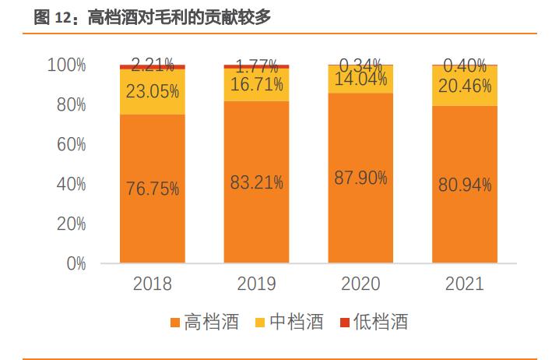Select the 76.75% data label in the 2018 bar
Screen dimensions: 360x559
[x=152, y=189]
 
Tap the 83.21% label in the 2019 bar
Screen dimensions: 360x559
[x=256, y=183]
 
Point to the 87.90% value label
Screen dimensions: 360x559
[x=360, y=178]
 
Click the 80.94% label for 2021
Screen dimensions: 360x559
[x=465, y=185]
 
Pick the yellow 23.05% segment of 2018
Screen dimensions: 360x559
[x=152, y=92]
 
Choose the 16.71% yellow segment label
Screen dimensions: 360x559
[x=256, y=85]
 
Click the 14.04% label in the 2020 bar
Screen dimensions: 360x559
[x=360, y=79]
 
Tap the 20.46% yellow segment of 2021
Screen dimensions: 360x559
[x=465, y=86]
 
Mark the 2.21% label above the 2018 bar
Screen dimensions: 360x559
[x=152, y=62]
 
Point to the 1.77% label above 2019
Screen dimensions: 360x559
[x=256, y=65]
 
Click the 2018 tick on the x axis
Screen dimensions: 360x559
[x=152, y=284]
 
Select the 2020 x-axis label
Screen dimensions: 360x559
[x=360, y=284]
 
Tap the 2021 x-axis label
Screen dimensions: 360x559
[x=465, y=284]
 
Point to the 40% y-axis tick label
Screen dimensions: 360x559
[x=70, y=184]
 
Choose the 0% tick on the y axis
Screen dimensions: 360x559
[x=75, y=263]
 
